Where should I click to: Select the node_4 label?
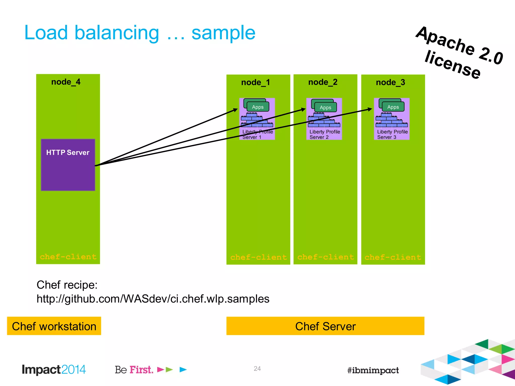(x=66, y=82)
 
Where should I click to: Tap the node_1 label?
(x=255, y=82)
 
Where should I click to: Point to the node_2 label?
(x=323, y=82)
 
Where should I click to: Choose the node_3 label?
(x=391, y=82)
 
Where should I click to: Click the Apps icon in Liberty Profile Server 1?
(x=257, y=107)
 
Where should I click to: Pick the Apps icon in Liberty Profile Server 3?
(x=393, y=107)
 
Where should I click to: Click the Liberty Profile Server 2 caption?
(x=324, y=134)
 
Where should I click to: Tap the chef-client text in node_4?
(x=68, y=257)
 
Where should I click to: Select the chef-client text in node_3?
(x=393, y=257)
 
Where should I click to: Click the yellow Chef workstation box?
(x=54, y=326)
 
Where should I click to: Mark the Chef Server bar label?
(x=325, y=326)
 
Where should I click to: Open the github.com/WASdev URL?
(x=153, y=299)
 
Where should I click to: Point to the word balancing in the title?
(x=117, y=33)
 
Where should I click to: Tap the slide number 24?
(x=257, y=369)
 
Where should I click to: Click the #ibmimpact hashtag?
(x=373, y=370)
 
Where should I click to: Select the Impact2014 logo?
(x=54, y=370)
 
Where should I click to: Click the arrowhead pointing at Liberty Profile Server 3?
(x=370, y=109)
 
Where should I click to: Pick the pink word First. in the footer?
(x=141, y=370)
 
